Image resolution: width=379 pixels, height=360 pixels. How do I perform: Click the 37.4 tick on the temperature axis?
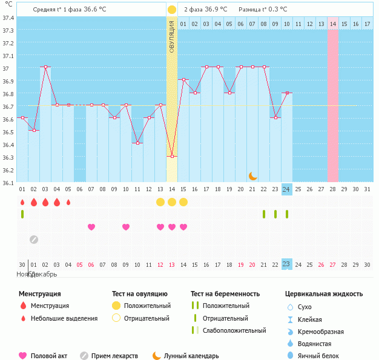(8, 18)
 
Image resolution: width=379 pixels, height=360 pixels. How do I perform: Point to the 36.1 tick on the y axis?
(8, 182)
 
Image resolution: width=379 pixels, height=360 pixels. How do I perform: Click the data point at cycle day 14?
(172, 156)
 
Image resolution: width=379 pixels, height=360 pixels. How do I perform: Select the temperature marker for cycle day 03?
(45, 67)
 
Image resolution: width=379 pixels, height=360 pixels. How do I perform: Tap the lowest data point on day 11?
(137, 143)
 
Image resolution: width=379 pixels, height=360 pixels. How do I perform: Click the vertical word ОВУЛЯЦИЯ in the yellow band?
(172, 36)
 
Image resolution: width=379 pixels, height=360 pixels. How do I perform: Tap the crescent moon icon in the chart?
(253, 176)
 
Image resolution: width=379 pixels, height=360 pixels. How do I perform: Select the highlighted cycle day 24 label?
(286, 189)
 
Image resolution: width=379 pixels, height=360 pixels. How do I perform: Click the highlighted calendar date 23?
(286, 264)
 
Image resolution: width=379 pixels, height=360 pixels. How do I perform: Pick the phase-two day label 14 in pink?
(333, 24)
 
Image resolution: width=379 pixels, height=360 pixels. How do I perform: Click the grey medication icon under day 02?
(34, 239)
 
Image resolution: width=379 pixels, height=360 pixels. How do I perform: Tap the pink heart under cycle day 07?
(91, 227)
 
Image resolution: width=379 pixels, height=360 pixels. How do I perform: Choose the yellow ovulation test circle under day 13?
(160, 201)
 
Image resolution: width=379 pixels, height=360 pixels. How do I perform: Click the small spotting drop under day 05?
(68, 201)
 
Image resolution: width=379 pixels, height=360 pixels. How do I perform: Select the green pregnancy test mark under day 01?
(22, 214)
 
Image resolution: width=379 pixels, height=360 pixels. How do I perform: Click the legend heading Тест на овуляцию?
(141, 293)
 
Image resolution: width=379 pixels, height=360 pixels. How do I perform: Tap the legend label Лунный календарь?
(193, 356)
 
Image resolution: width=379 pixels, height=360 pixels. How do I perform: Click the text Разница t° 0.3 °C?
(263, 9)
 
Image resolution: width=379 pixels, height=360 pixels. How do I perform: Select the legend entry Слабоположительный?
(234, 330)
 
